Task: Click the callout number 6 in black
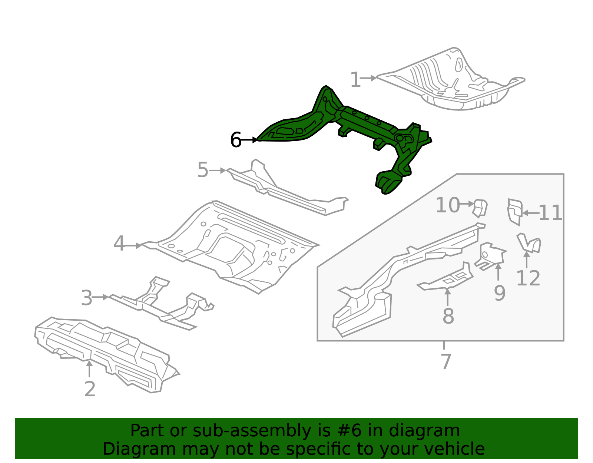coord(236,140)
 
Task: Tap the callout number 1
coord(355,80)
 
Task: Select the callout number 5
coord(203,170)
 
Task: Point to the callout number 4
coord(119,244)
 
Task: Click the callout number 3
coord(86,298)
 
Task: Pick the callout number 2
coord(90,389)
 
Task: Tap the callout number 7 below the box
coord(445,361)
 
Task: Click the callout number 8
coord(448,316)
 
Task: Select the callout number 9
coord(499,293)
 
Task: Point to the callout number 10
coord(448,205)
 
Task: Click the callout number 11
coord(550,213)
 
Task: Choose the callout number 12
coord(528,278)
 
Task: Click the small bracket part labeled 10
coord(480,208)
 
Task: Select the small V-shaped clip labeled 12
coord(529,243)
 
